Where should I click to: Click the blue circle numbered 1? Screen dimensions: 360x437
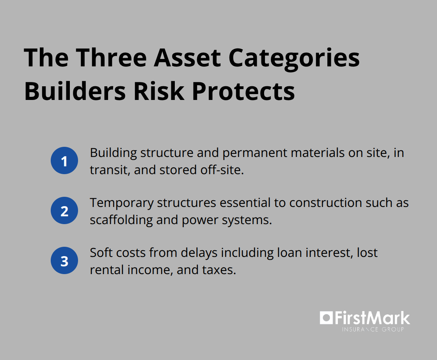pyautogui.click(x=64, y=161)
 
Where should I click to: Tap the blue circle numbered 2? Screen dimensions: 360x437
pyautogui.click(x=64, y=211)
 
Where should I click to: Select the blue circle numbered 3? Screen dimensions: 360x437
pyautogui.click(x=64, y=261)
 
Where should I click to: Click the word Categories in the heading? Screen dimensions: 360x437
pyautogui.click(x=294, y=58)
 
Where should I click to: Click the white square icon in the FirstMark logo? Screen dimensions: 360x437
pyautogui.click(x=326, y=318)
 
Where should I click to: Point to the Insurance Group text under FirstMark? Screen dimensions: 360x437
pyautogui.click(x=373, y=330)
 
